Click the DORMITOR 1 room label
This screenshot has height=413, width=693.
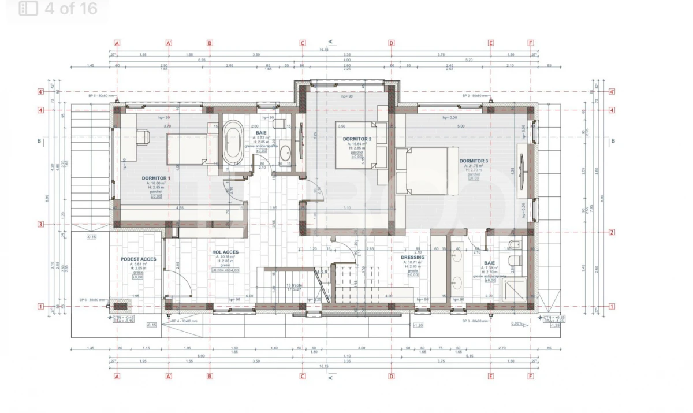(x=156, y=178)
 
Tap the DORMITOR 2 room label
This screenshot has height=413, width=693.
(x=356, y=139)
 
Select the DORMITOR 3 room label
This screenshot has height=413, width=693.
(x=474, y=161)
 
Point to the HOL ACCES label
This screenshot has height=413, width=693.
(x=225, y=252)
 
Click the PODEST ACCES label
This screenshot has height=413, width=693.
(x=138, y=259)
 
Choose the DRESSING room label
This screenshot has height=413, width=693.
(x=412, y=258)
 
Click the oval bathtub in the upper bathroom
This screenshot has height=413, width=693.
(x=233, y=143)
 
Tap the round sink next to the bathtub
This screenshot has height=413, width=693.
(x=285, y=154)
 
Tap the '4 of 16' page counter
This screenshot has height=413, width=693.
(x=70, y=9)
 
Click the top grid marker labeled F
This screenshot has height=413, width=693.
(x=531, y=43)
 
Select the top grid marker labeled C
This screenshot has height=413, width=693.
(x=302, y=43)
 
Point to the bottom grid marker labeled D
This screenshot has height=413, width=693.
(x=391, y=376)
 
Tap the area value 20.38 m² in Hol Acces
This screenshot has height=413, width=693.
(x=225, y=258)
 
